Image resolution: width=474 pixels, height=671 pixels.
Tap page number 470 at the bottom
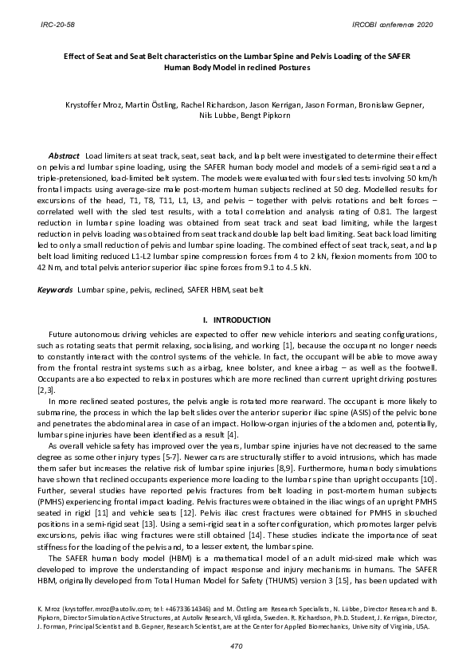[237, 644]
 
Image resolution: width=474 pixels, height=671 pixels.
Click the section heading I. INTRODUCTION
[237, 320]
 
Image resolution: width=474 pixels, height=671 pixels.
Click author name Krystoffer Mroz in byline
[94, 104]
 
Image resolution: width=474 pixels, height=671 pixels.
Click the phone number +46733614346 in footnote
[178, 610]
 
